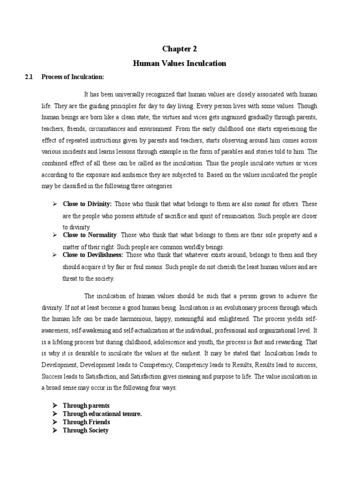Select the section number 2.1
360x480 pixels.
pos(30,77)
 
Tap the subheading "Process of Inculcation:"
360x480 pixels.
pos(72,77)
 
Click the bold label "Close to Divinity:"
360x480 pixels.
pos(87,204)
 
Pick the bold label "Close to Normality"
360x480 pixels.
pos(89,234)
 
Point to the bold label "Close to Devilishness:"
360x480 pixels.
pos(93,255)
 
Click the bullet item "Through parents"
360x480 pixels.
pos(86,405)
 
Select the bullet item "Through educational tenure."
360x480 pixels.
pos(102,413)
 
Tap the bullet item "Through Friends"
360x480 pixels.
pos(87,422)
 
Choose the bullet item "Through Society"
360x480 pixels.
pos(86,430)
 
